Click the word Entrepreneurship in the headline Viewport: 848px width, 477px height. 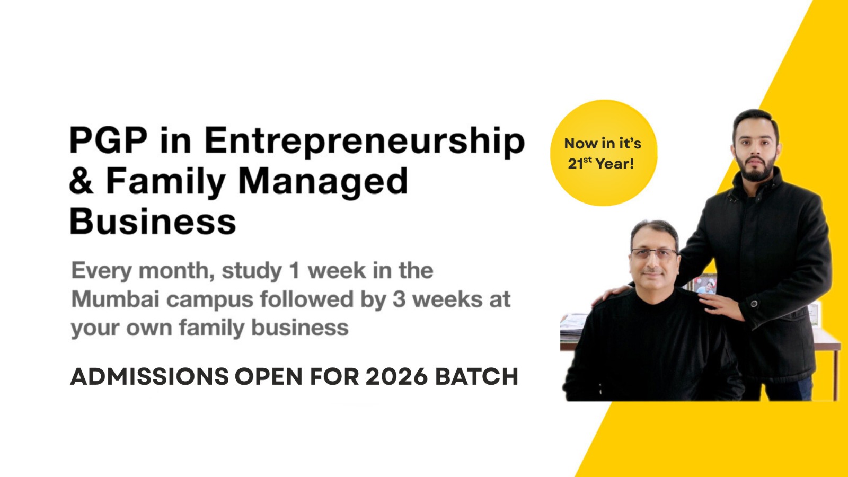coord(365,142)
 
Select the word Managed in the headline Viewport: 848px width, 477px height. coord(323,182)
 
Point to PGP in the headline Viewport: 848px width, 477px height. coord(108,140)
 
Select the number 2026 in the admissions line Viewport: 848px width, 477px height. coord(396,377)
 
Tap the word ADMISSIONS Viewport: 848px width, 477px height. coord(149,377)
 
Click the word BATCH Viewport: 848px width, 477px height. coord(476,377)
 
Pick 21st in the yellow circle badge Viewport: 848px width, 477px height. coord(580,163)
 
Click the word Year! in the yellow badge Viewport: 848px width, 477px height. coord(615,164)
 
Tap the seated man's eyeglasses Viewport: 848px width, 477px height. coord(654,253)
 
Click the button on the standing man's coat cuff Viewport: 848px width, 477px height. coord(754,303)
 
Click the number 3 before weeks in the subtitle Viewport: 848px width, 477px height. coord(399,299)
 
